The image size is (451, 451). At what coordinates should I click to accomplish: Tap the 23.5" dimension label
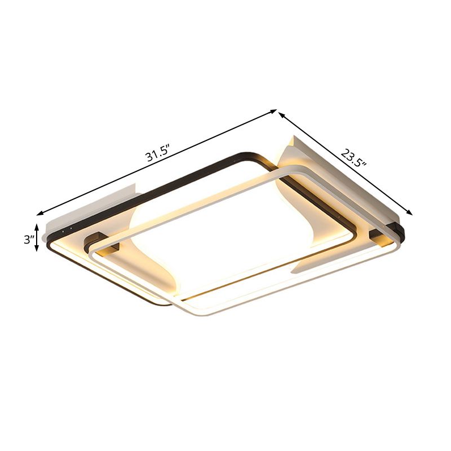pos(354,157)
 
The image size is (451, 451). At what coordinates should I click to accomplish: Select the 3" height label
pos(28,239)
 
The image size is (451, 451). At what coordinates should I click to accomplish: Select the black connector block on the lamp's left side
pos(100,241)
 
